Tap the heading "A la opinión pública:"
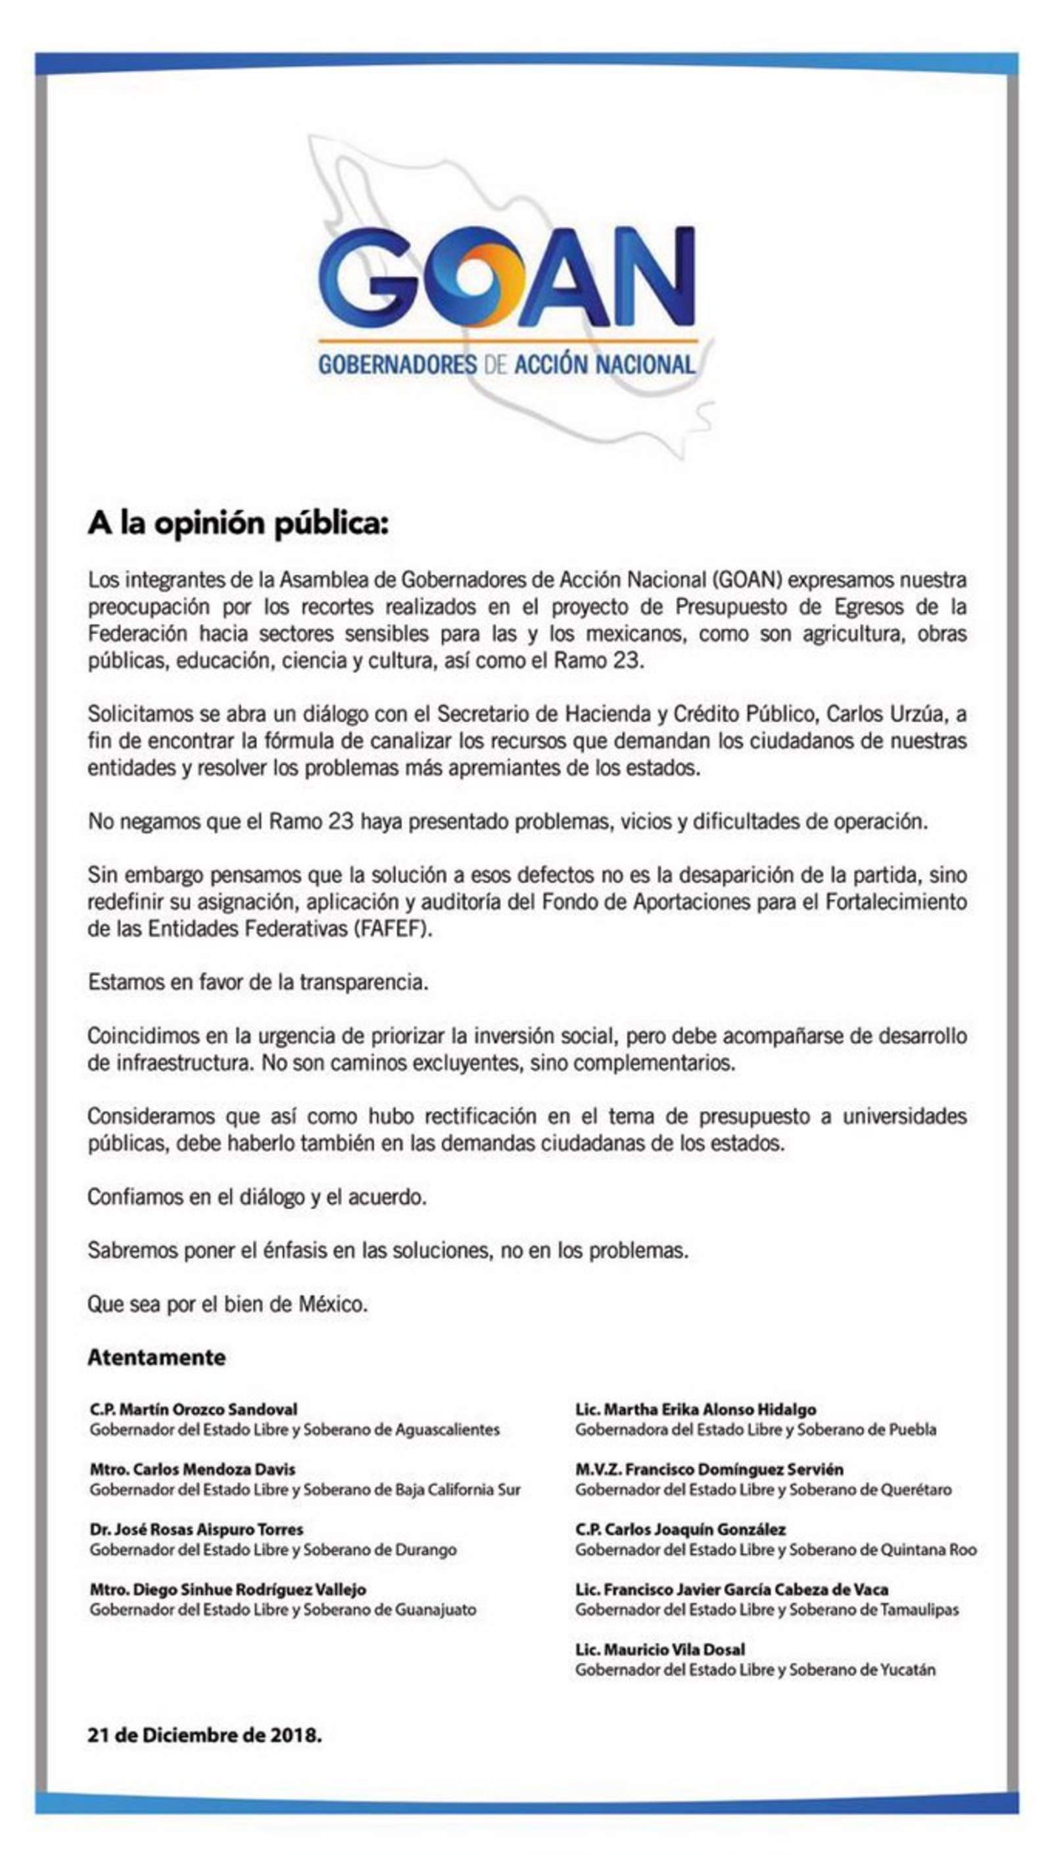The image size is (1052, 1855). pyautogui.click(x=238, y=523)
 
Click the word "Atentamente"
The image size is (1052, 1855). pyautogui.click(x=156, y=1357)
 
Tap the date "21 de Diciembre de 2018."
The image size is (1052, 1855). pyautogui.click(x=204, y=1735)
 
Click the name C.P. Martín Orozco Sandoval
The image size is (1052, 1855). pyautogui.click(x=194, y=1409)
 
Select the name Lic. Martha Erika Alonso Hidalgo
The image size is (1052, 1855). pyautogui.click(x=696, y=1409)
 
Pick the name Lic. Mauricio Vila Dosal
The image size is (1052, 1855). pyautogui.click(x=659, y=1649)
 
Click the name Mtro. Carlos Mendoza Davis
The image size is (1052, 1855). pyautogui.click(x=192, y=1469)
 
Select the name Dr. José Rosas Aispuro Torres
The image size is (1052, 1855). pyautogui.click(x=197, y=1529)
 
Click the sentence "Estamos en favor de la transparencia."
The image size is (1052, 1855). pyautogui.click(x=258, y=982)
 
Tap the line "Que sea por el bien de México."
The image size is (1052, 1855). pyautogui.click(x=227, y=1304)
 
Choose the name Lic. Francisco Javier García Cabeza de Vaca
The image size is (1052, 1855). pyautogui.click(x=732, y=1589)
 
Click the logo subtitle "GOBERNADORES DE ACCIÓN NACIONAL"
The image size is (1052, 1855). pyautogui.click(x=506, y=365)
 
